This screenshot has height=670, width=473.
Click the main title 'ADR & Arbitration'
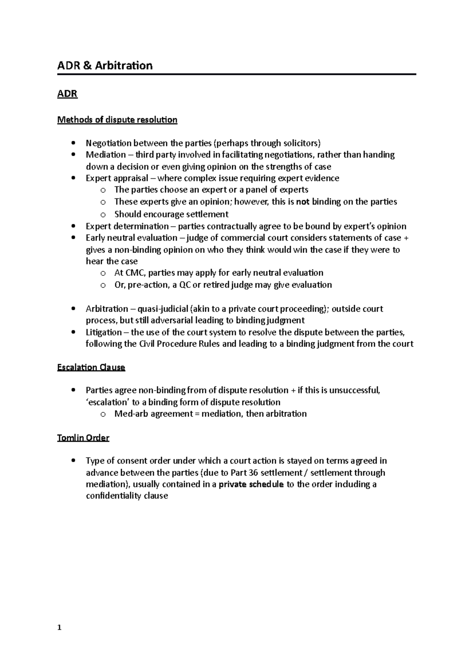click(105, 65)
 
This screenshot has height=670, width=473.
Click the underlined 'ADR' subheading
click(67, 94)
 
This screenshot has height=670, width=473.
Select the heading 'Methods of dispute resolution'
click(117, 120)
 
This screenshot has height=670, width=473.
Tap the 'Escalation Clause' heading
click(91, 367)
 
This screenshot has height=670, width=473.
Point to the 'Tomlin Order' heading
click(83, 438)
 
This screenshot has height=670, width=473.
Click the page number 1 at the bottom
click(59, 629)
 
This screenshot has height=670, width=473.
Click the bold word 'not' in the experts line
click(303, 202)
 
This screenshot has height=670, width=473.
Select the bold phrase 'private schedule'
click(251, 484)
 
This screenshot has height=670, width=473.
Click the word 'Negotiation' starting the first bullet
click(108, 143)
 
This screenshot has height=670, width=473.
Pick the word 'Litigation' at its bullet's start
click(104, 332)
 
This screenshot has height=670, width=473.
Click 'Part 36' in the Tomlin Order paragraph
click(244, 473)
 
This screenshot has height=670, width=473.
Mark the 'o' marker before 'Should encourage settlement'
click(103, 215)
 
